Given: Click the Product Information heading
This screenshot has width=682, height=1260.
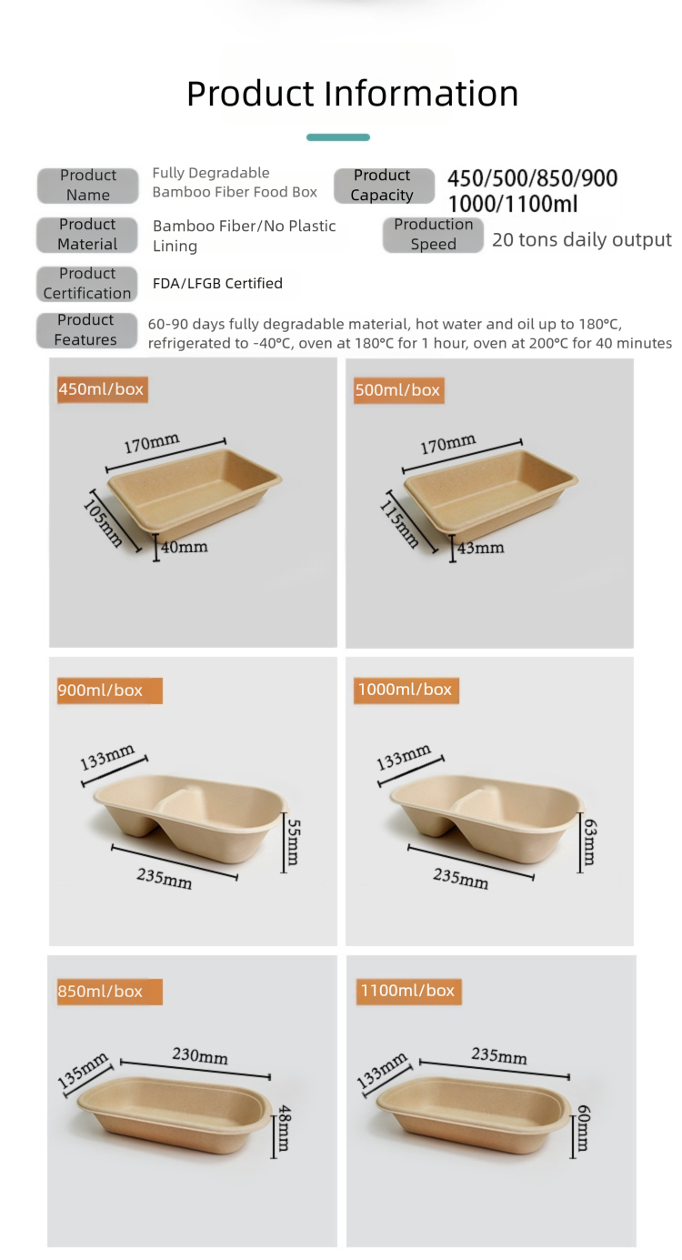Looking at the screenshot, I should point(352,94).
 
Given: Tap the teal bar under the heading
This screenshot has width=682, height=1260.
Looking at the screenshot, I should point(338,137).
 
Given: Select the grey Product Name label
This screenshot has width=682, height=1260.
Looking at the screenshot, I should point(87,185).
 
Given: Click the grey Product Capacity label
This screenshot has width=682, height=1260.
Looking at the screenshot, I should point(383,185).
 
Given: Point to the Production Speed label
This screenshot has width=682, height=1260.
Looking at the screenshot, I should point(433,234).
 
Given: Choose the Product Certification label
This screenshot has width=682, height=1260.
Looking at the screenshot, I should point(87,283).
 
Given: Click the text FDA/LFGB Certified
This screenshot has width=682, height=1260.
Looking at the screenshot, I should point(217,283).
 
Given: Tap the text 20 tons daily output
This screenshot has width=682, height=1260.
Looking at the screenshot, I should point(581,240).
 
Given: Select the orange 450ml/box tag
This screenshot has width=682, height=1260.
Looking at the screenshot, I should point(101,389).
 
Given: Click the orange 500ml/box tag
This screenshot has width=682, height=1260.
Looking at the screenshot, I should point(397,389).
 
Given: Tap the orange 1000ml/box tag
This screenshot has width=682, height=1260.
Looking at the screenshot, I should point(406,690).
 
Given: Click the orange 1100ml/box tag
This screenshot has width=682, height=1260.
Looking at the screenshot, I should point(407,990).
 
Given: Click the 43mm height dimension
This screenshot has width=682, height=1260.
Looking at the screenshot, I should point(480,548).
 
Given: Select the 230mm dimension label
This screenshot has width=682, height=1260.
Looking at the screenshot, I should point(200,1056).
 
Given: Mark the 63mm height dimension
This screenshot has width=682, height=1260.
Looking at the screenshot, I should point(588,842).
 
